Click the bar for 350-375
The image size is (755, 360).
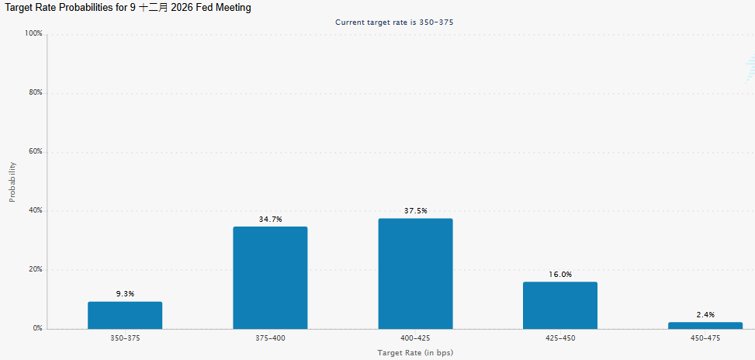click(x=125, y=315)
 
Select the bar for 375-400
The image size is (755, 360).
click(x=270, y=278)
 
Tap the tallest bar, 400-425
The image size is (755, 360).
click(x=416, y=274)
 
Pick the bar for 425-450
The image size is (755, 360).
click(x=560, y=306)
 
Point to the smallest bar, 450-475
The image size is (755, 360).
click(x=705, y=326)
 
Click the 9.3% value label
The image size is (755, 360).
click(x=125, y=293)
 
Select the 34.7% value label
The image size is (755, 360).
click(x=270, y=219)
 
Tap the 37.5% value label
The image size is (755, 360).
click(x=416, y=211)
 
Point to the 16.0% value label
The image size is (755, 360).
click(x=560, y=275)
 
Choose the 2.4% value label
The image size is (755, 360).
click(x=705, y=315)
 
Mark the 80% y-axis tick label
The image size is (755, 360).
click(x=36, y=92)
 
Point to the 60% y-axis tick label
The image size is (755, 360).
click(x=36, y=151)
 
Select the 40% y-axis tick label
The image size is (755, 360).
click(x=36, y=211)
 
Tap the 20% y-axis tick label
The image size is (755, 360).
click(x=36, y=269)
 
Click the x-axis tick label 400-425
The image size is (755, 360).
click(x=416, y=338)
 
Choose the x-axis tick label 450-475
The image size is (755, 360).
click(x=705, y=338)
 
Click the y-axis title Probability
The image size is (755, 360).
click(x=12, y=182)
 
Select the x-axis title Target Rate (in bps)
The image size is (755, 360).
click(x=416, y=353)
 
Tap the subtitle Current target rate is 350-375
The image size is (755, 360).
click(x=394, y=22)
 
